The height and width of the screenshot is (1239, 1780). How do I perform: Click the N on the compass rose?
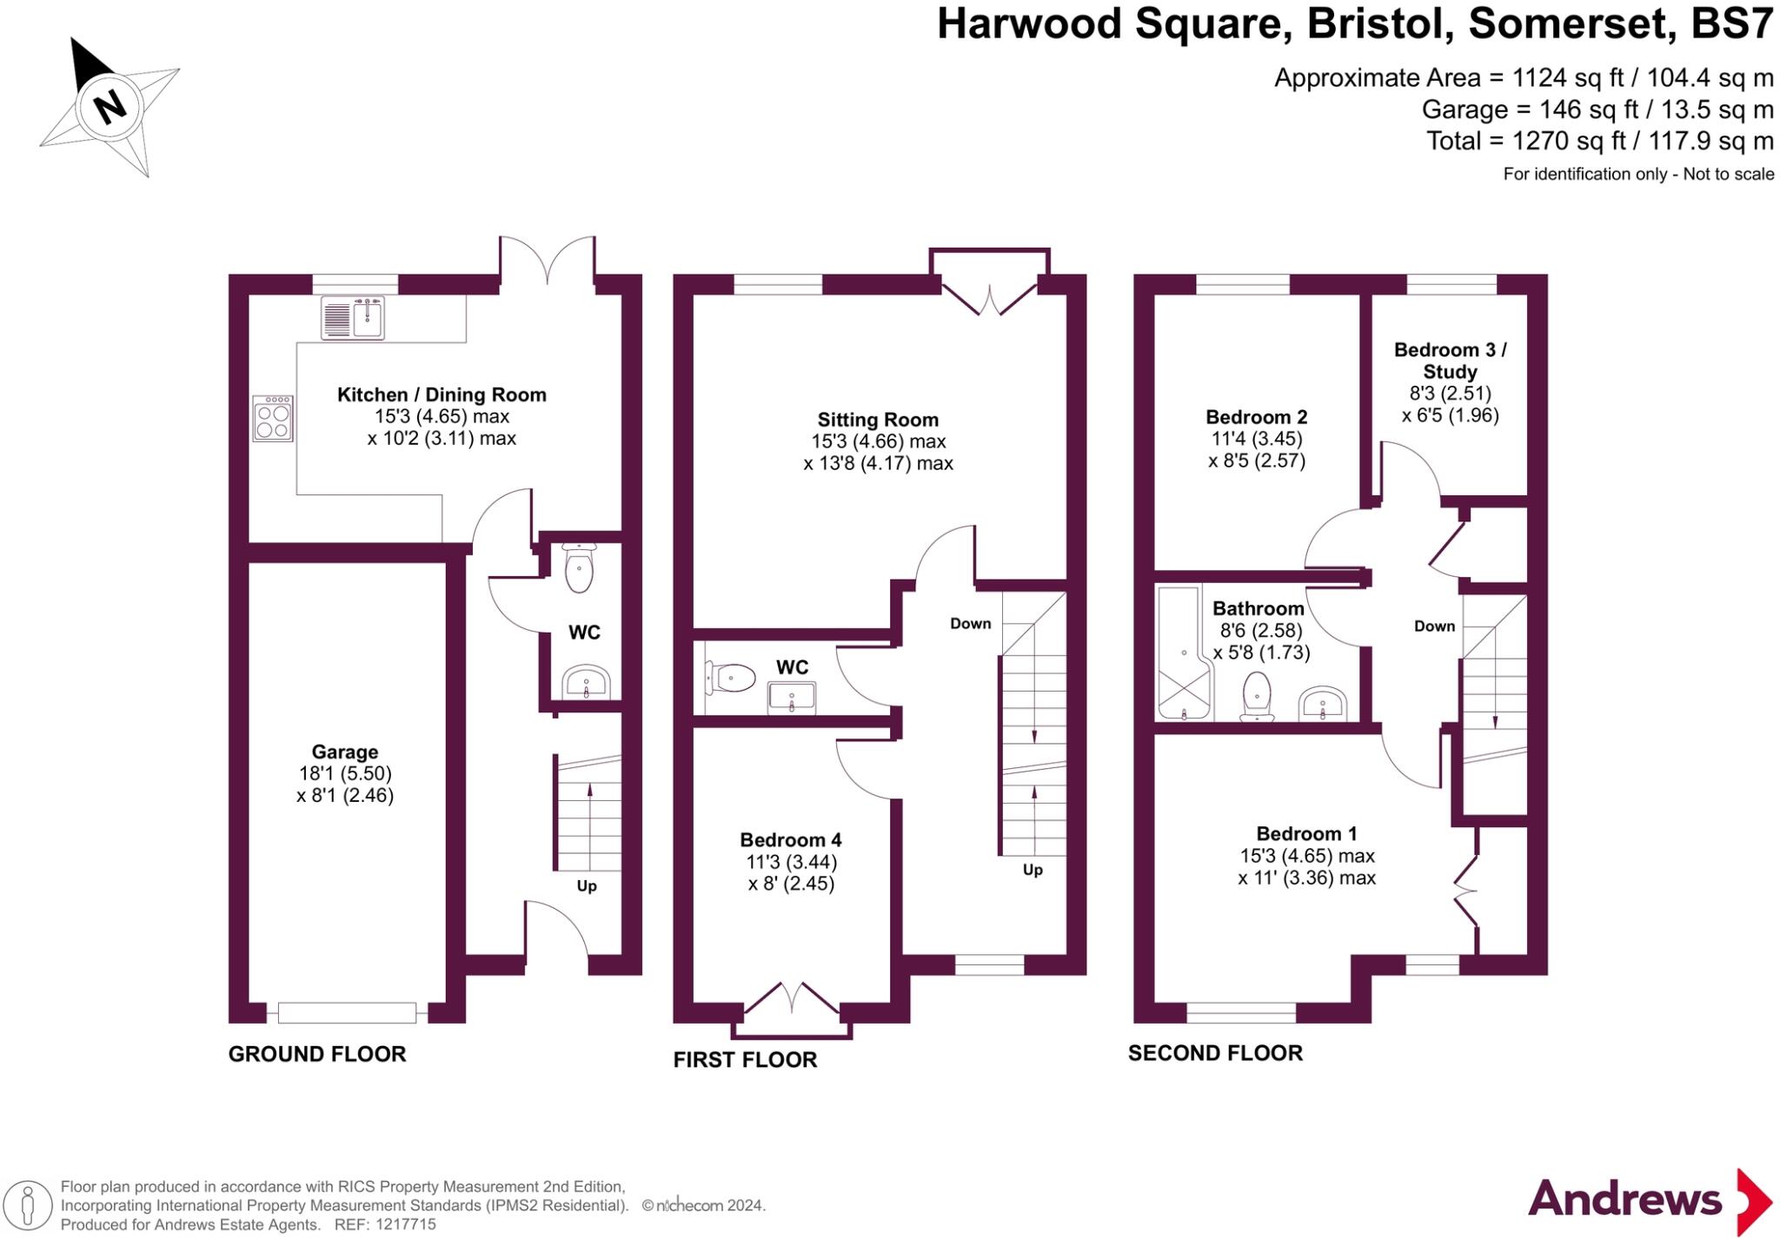[x=110, y=108]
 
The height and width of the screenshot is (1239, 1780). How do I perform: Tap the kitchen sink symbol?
[x=353, y=317]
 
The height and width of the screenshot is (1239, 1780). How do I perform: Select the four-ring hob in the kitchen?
[x=273, y=419]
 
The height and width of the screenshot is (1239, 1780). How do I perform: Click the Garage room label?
[x=345, y=752]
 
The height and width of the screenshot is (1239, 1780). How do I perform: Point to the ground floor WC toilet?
[x=579, y=569]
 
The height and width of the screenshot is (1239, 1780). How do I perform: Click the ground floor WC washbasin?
[x=586, y=683]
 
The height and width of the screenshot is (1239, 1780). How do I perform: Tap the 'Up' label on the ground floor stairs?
[x=587, y=886]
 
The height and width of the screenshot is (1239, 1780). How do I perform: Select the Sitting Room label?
[x=878, y=421]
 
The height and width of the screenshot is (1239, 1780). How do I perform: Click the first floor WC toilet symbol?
[x=730, y=677]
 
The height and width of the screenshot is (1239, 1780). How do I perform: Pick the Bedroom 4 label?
[x=791, y=840]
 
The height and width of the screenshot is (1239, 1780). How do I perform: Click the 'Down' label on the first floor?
[x=970, y=624]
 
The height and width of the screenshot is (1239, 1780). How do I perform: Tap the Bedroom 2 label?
[x=1256, y=418]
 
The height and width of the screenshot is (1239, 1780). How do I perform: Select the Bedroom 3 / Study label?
[x=1450, y=361]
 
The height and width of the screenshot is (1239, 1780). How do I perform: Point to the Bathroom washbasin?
[x=1322, y=704]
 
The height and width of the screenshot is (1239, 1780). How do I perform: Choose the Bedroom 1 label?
[x=1306, y=834]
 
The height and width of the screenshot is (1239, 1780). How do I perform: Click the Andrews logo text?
[x=1624, y=1200]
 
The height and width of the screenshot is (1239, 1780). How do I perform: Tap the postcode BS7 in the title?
[x=1731, y=24]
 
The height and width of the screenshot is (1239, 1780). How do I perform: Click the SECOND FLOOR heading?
[x=1215, y=1054]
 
